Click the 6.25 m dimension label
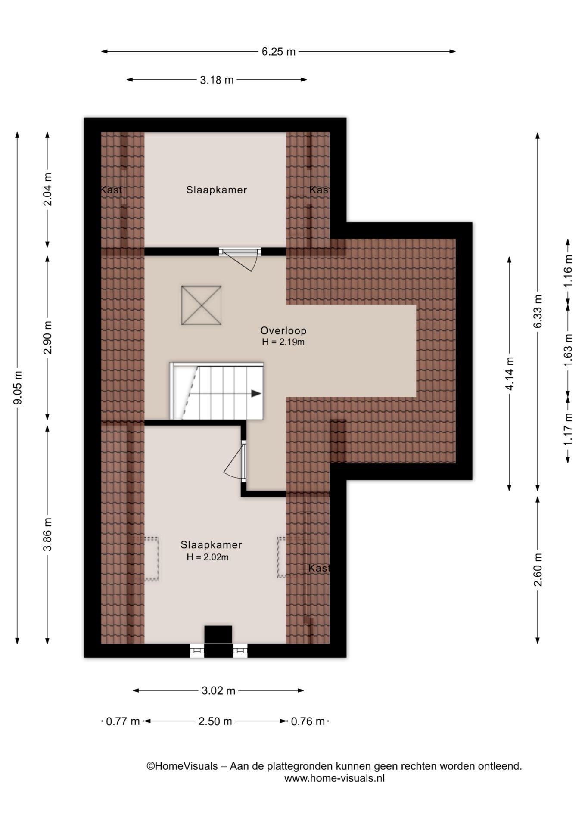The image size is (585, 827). pos(279,52)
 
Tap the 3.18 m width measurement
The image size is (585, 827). pos(217,80)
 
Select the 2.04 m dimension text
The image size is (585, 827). pos(48,190)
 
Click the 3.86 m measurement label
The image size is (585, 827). pos(48,534)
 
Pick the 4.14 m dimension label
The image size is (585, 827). pos(510,373)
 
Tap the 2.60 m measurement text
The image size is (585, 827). pos(538,569)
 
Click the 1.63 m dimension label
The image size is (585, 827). pos(568,350)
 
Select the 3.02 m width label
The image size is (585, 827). pos(218,691)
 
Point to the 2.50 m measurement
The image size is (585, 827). pos(215,721)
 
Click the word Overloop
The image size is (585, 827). pos(283,331)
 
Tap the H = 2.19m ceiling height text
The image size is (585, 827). pos(283,342)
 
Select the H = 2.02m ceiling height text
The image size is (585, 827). pos(208,557)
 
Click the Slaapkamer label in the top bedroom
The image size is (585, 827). pos(217,190)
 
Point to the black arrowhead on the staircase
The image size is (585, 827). pos(256,393)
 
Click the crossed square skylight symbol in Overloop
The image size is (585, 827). pos(201,305)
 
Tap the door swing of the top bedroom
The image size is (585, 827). pos(245,261)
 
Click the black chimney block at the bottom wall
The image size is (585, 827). pos(218,641)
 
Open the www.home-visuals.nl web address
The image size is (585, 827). pos(334,778)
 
